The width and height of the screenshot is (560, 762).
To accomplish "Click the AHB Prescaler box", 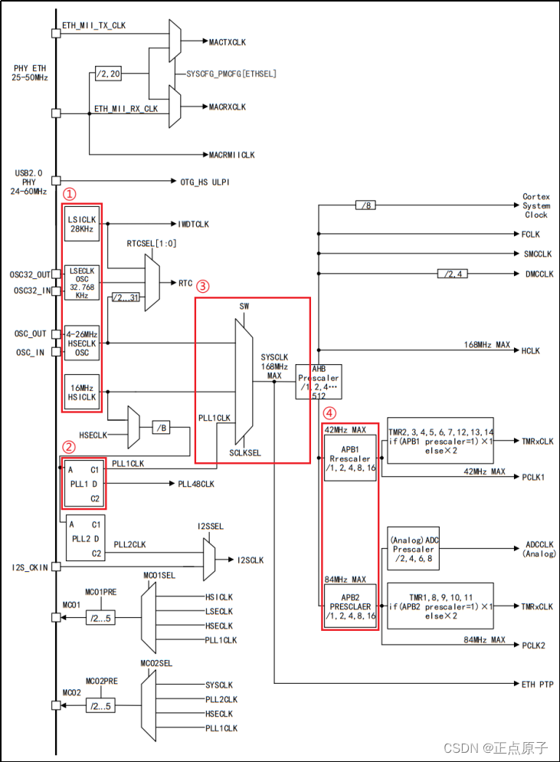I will point(319,382).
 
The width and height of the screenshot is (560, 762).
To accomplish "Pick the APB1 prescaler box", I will point(350,458).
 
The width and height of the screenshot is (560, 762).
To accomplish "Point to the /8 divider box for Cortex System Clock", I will point(365,205).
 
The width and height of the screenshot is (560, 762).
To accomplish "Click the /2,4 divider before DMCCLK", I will point(453,274).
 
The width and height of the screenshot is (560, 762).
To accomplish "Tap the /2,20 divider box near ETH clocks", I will point(108,74).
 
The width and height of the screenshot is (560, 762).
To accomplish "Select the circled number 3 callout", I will point(202,286).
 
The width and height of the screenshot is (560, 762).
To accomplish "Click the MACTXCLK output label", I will point(227,41).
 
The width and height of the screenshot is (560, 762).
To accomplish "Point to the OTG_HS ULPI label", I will point(205,182).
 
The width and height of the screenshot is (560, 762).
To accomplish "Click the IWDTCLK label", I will point(193,225).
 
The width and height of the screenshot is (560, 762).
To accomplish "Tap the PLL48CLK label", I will point(197,484).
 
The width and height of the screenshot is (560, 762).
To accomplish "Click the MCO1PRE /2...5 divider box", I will point(101,618).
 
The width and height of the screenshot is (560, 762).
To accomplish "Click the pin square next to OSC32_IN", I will point(56,291).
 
